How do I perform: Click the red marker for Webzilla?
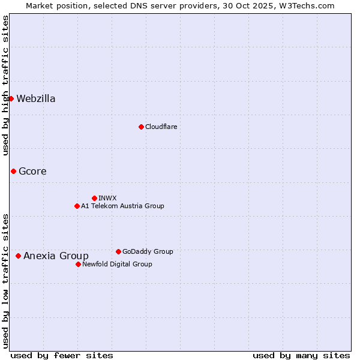tap(11, 98)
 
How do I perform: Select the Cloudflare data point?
tap(141, 127)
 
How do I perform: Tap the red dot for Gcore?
tap(13, 171)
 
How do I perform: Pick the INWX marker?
tap(94, 198)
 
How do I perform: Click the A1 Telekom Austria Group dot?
tap(77, 206)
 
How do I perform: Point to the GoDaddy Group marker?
tap(118, 251)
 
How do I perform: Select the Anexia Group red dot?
tap(18, 256)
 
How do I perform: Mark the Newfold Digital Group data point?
tap(78, 264)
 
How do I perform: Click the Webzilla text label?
tap(36, 99)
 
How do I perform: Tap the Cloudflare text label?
tap(161, 127)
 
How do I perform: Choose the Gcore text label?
tap(32, 172)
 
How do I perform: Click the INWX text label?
tap(107, 198)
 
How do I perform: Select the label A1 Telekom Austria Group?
tap(122, 206)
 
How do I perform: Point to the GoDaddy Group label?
tap(148, 251)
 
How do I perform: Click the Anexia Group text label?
tap(56, 256)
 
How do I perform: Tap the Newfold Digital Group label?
tap(117, 264)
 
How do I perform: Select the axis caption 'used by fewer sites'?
tap(62, 355)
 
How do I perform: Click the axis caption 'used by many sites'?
tap(301, 355)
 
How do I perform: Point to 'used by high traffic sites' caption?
tap(5, 85)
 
